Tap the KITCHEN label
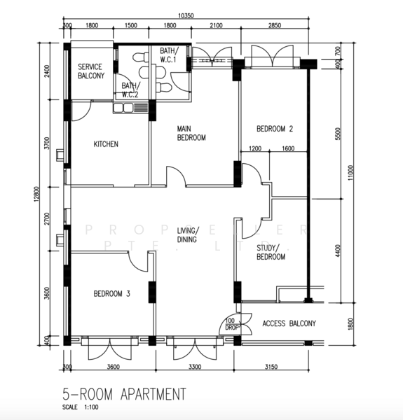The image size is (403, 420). point(106,144)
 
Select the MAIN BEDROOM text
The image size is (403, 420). point(191,133)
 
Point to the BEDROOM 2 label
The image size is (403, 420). point(274,129)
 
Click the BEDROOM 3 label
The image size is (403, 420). point(112,294)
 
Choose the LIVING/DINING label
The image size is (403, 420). point(187,234)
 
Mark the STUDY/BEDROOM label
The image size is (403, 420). point(271,252)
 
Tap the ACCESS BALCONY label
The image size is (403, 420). point(289,323)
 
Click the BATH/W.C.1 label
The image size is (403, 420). point(169,55)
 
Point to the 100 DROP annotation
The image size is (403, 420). point(231,324)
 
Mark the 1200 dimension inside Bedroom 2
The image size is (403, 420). point(255,148)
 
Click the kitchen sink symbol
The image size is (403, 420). point(131,108)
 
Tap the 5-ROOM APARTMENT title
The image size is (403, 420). point(124,394)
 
